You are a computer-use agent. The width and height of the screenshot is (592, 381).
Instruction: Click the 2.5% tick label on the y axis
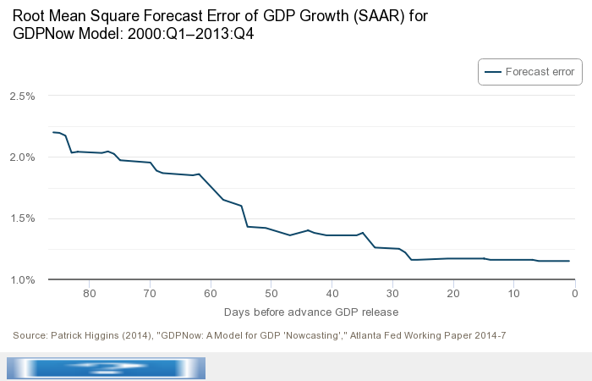[x=21, y=96]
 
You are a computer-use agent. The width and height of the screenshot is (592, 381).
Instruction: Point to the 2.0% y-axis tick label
[x=21, y=157]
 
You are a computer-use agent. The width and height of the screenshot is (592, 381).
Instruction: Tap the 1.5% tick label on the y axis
[x=21, y=218]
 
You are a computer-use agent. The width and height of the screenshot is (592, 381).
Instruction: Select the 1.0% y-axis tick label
[x=21, y=279]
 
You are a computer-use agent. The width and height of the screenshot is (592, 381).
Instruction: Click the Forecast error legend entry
[x=530, y=73]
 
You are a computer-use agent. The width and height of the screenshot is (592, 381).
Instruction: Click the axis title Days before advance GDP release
[x=311, y=312]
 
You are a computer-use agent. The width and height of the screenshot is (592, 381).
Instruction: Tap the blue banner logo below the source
[x=106, y=367]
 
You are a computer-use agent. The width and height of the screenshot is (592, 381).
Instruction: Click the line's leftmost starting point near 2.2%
[x=52, y=132]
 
